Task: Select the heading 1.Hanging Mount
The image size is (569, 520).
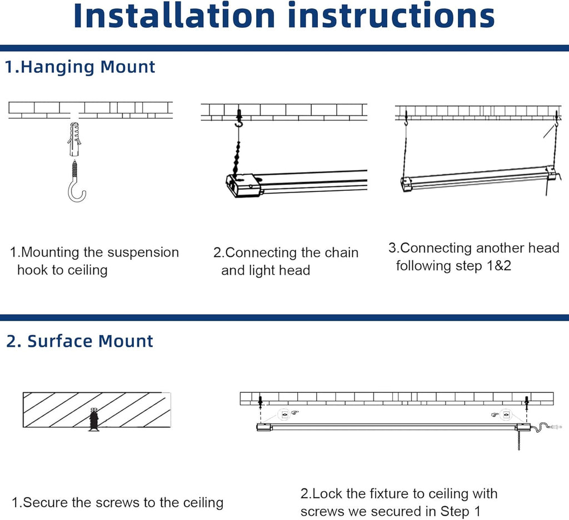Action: tap(80, 67)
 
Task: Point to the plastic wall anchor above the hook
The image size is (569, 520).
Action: tap(76, 139)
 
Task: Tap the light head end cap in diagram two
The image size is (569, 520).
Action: tap(243, 185)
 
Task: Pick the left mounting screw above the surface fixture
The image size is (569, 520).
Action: tap(260, 400)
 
